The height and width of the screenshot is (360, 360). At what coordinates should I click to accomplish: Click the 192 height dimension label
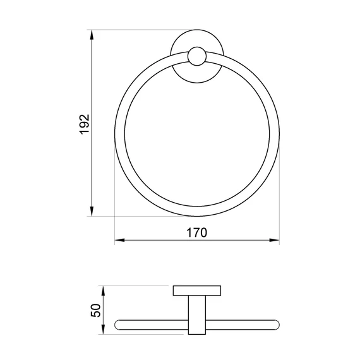point(84,124)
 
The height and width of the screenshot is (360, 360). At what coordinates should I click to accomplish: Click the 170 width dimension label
point(197,232)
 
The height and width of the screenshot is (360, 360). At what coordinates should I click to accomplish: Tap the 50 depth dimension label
point(96,310)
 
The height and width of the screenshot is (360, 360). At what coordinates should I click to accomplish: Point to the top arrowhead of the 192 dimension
point(92,35)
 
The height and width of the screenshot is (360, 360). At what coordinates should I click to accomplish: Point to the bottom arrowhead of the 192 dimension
point(92,211)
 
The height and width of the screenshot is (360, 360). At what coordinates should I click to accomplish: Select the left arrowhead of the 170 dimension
point(119,240)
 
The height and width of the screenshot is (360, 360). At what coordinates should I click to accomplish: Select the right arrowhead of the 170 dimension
point(274,240)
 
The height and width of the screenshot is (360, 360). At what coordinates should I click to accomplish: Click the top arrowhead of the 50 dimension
point(104,291)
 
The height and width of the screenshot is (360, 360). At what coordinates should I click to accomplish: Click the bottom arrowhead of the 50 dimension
point(104,329)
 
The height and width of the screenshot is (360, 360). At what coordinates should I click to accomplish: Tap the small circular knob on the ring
point(197,56)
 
